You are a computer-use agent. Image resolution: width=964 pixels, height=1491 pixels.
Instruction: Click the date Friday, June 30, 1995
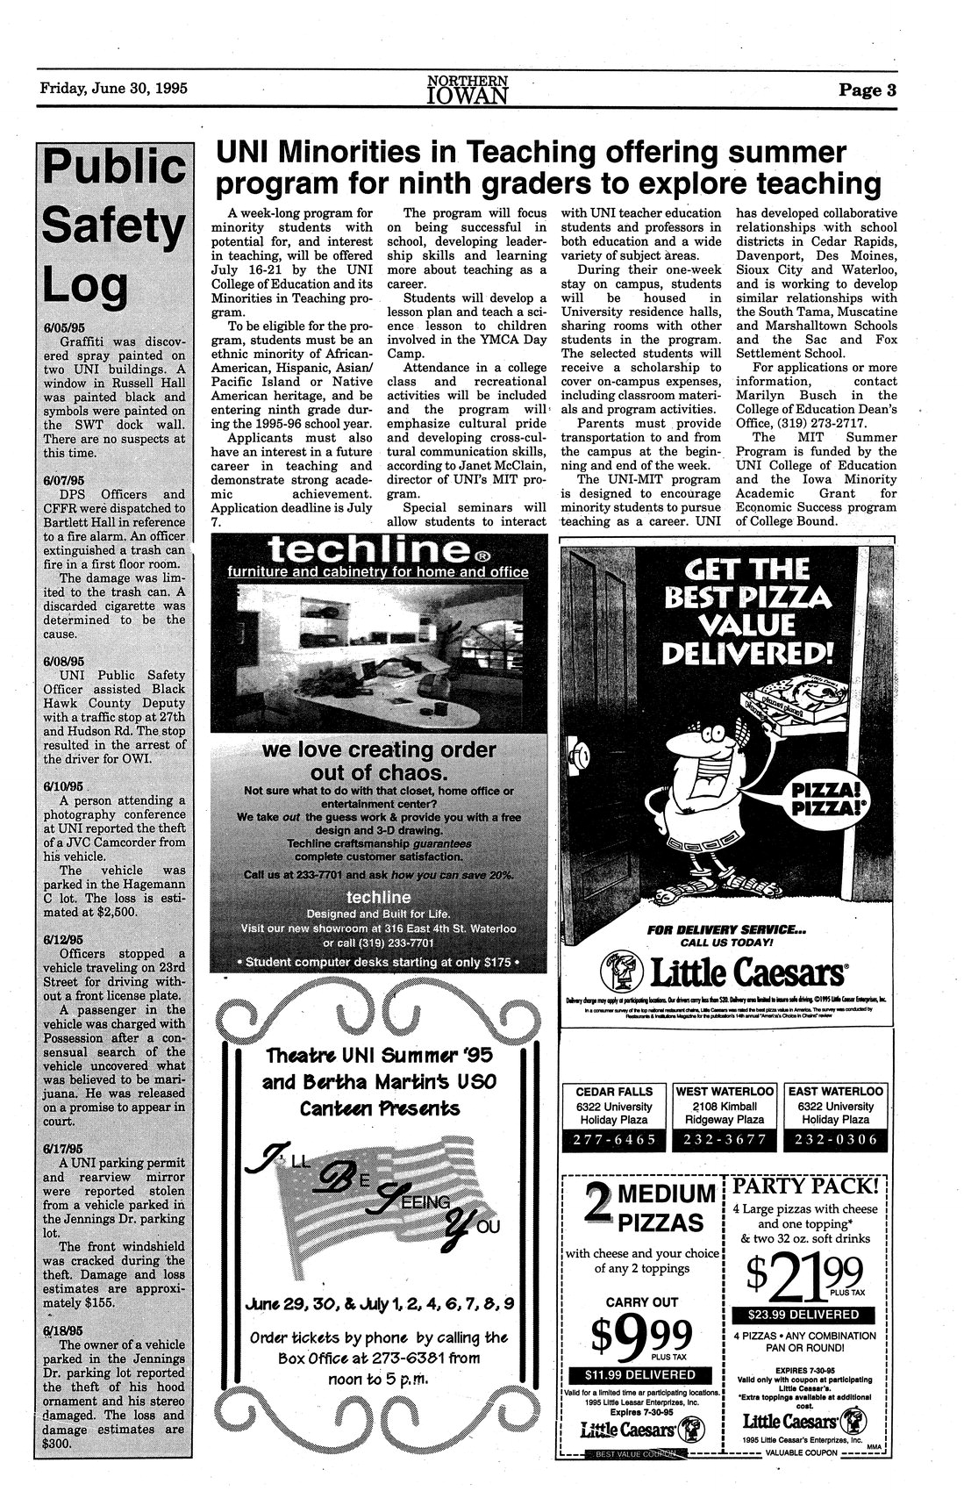coord(115,89)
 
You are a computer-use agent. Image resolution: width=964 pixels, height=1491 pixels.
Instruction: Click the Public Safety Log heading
coord(111,227)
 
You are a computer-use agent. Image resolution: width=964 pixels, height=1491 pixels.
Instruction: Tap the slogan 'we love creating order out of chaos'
coord(379,761)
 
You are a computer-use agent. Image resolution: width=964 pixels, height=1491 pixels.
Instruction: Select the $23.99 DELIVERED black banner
coord(803,1314)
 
